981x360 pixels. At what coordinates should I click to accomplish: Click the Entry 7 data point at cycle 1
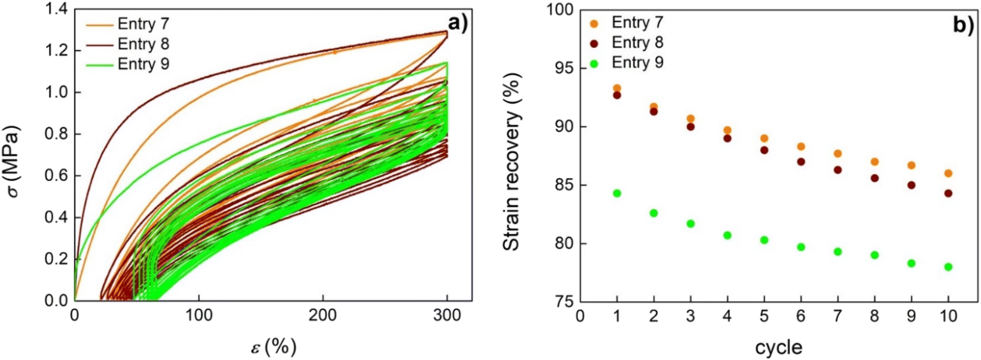(617, 88)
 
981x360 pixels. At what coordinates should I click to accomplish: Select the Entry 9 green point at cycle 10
(948, 267)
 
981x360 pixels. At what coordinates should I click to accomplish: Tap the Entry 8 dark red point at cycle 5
(764, 150)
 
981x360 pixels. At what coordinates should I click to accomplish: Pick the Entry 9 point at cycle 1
(617, 193)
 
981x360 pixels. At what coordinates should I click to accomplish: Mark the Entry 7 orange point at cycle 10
(948, 174)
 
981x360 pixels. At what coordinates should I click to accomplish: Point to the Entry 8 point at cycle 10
(948, 193)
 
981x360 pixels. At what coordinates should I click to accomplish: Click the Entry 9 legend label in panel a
(143, 64)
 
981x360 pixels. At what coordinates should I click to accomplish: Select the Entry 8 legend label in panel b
(637, 43)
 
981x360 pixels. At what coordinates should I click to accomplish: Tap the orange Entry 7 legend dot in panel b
(594, 23)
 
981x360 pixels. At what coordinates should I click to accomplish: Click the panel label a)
(457, 23)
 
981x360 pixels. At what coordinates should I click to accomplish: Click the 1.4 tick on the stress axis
(56, 9)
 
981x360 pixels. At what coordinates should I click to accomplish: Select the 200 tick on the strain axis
(323, 316)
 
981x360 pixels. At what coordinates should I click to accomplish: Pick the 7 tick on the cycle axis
(838, 316)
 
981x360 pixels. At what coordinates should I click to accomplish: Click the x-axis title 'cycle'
(778, 348)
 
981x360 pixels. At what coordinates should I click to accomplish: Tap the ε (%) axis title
(273, 348)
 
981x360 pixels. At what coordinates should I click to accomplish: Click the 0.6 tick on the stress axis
(56, 176)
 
